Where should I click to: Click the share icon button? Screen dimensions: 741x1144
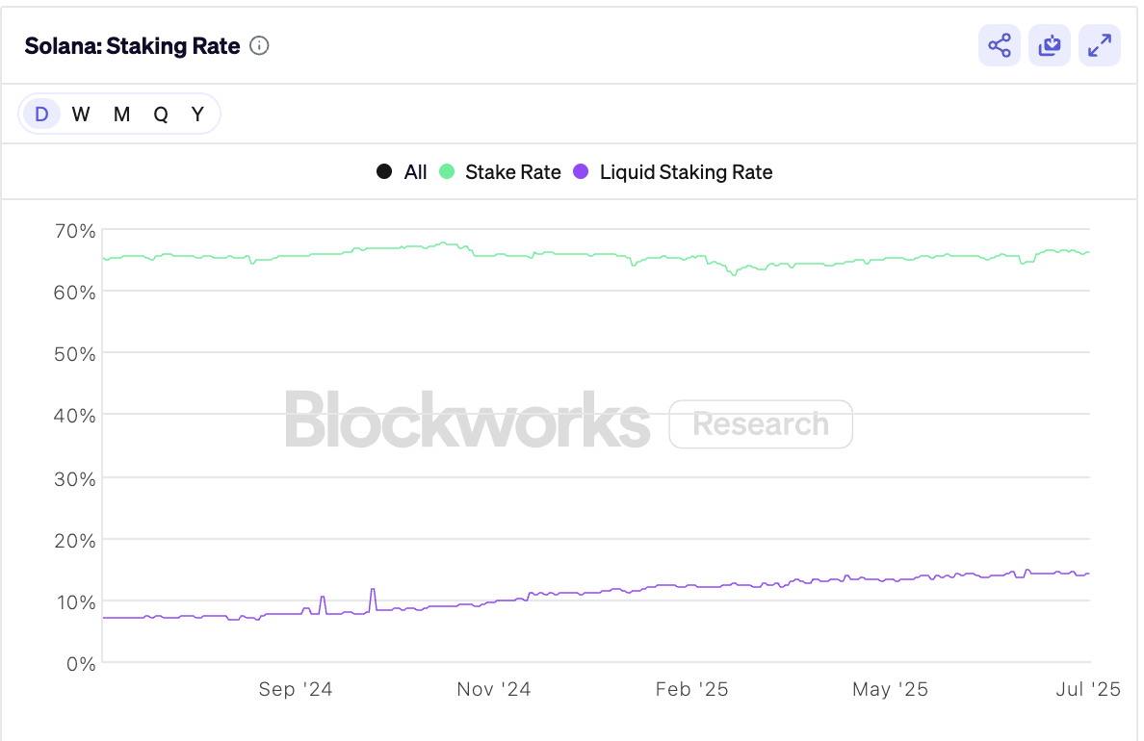coord(1000,45)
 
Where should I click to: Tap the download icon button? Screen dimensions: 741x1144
coord(1050,45)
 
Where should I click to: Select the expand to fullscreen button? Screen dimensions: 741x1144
coord(1100,45)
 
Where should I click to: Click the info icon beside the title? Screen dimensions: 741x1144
coord(259,45)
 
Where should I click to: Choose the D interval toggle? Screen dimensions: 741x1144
coord(41,115)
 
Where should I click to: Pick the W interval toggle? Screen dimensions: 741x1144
coord(81,115)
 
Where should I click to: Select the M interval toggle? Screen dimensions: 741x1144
coord(121,115)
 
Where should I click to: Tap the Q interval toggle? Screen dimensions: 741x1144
coord(161,115)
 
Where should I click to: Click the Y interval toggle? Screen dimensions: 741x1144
coord(197,115)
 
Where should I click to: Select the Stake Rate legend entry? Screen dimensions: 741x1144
coord(501,172)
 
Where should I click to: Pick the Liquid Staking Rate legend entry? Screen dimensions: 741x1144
coord(673,172)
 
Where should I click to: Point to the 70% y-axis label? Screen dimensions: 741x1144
coord(74,231)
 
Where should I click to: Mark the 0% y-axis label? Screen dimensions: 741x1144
coord(80,664)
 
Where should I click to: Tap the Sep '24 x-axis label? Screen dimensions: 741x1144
coord(296,689)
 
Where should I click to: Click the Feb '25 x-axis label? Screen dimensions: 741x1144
coord(692,689)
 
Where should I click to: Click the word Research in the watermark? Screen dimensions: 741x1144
coord(761,424)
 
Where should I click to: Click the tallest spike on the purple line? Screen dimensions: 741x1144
coord(373,590)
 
